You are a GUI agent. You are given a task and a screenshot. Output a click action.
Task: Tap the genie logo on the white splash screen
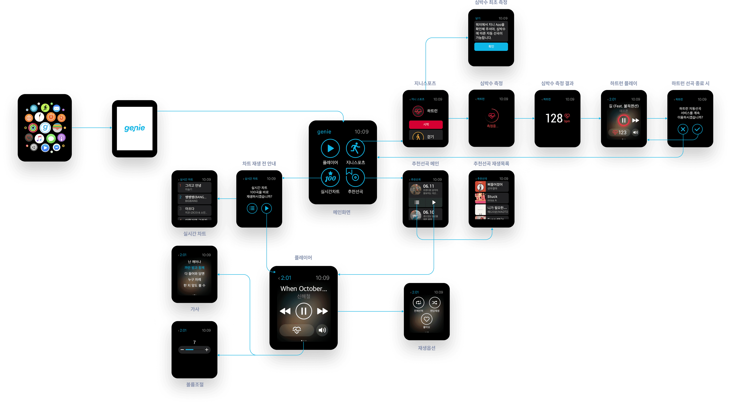pos(135,128)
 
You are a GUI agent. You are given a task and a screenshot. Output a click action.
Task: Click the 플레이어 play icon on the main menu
pos(330,148)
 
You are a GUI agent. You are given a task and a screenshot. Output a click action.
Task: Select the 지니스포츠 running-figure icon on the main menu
pos(355,148)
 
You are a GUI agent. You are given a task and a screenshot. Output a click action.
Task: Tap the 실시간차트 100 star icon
pos(330,177)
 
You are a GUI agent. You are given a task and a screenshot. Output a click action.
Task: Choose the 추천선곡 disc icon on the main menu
pos(355,177)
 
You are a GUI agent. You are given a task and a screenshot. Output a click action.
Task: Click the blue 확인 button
pos(491,47)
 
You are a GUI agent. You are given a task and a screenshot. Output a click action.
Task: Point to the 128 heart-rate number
pos(554,118)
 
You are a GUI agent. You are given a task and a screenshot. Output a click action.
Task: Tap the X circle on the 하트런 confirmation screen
pos(683,129)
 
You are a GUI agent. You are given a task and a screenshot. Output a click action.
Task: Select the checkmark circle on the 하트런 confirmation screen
pos(697,129)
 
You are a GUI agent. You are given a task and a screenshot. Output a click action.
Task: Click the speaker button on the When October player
pos(322,330)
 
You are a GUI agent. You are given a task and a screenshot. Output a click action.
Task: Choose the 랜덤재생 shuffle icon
pos(435,303)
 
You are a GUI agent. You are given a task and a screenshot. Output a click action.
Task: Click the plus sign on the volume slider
pos(207,350)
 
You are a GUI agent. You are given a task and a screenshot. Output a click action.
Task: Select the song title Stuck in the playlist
pos(492,197)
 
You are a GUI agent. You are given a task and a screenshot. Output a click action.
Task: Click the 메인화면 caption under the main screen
pos(342,212)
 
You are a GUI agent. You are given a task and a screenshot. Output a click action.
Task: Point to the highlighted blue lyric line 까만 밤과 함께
pos(194,268)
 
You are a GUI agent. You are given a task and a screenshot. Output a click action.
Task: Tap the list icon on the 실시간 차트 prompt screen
pos(252,208)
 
